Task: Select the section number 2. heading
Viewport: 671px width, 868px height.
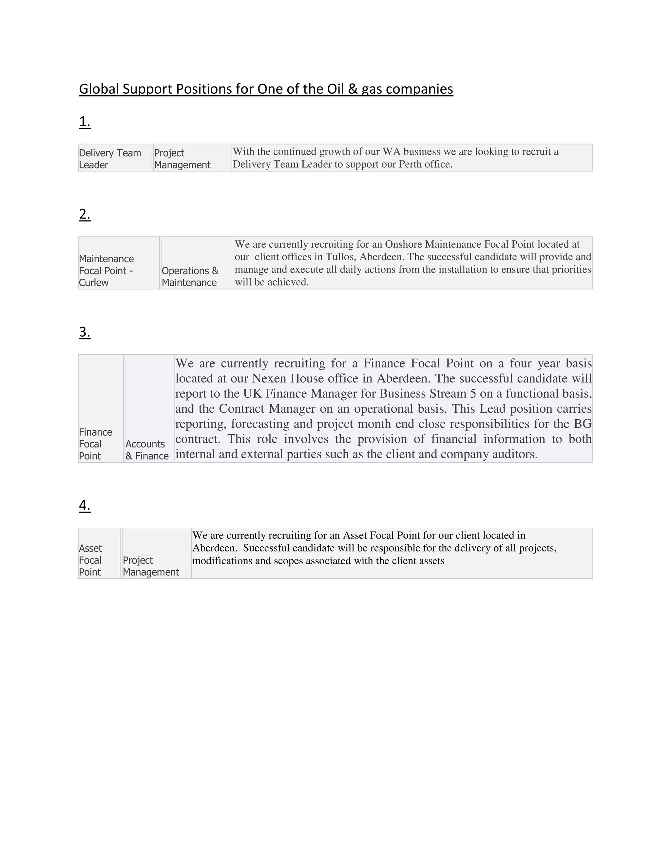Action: point(85,214)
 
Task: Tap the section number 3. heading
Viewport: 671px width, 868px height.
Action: point(85,332)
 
